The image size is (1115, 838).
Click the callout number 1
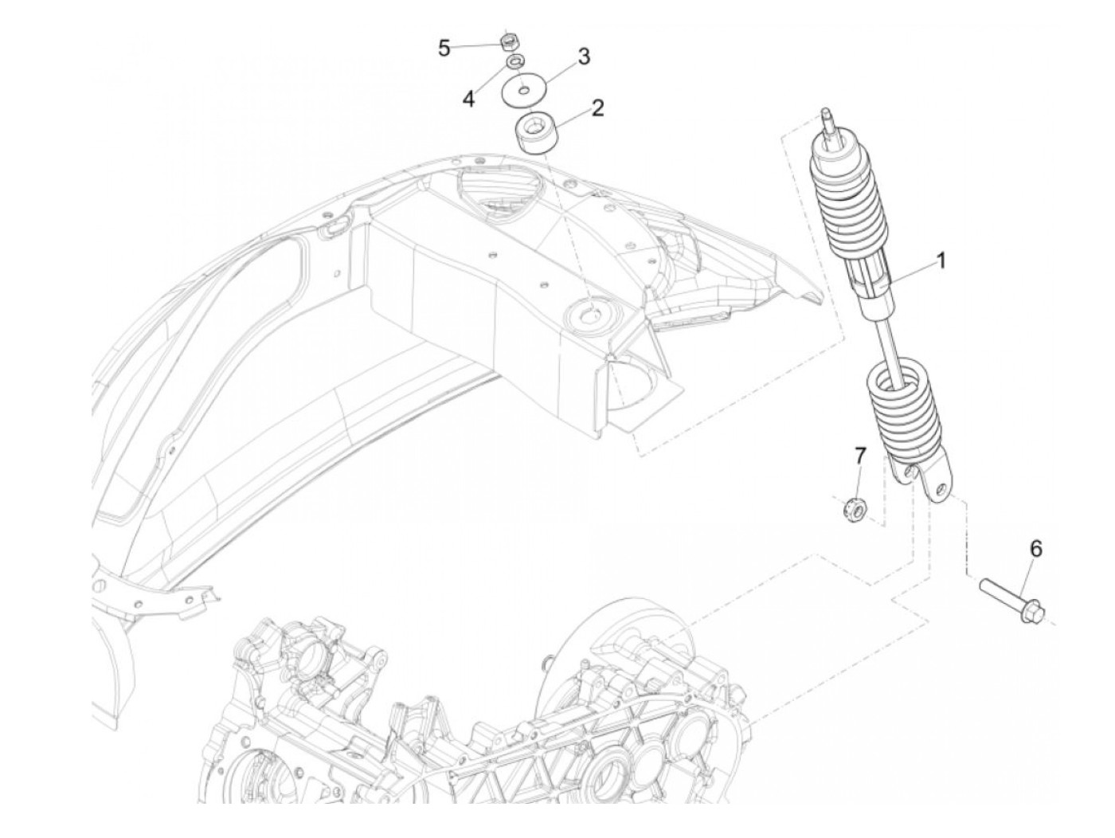tap(941, 260)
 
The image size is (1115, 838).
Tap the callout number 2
tap(597, 108)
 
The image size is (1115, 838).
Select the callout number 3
tap(584, 57)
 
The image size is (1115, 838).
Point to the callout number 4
tap(469, 99)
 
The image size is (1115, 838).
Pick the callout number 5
tap(444, 49)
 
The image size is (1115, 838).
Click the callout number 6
tap(1035, 549)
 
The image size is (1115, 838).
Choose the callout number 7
tap(859, 456)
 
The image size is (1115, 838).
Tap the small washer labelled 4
tap(516, 61)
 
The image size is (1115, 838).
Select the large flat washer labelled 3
tap(522, 89)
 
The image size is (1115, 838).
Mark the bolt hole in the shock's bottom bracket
tap(941, 488)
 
